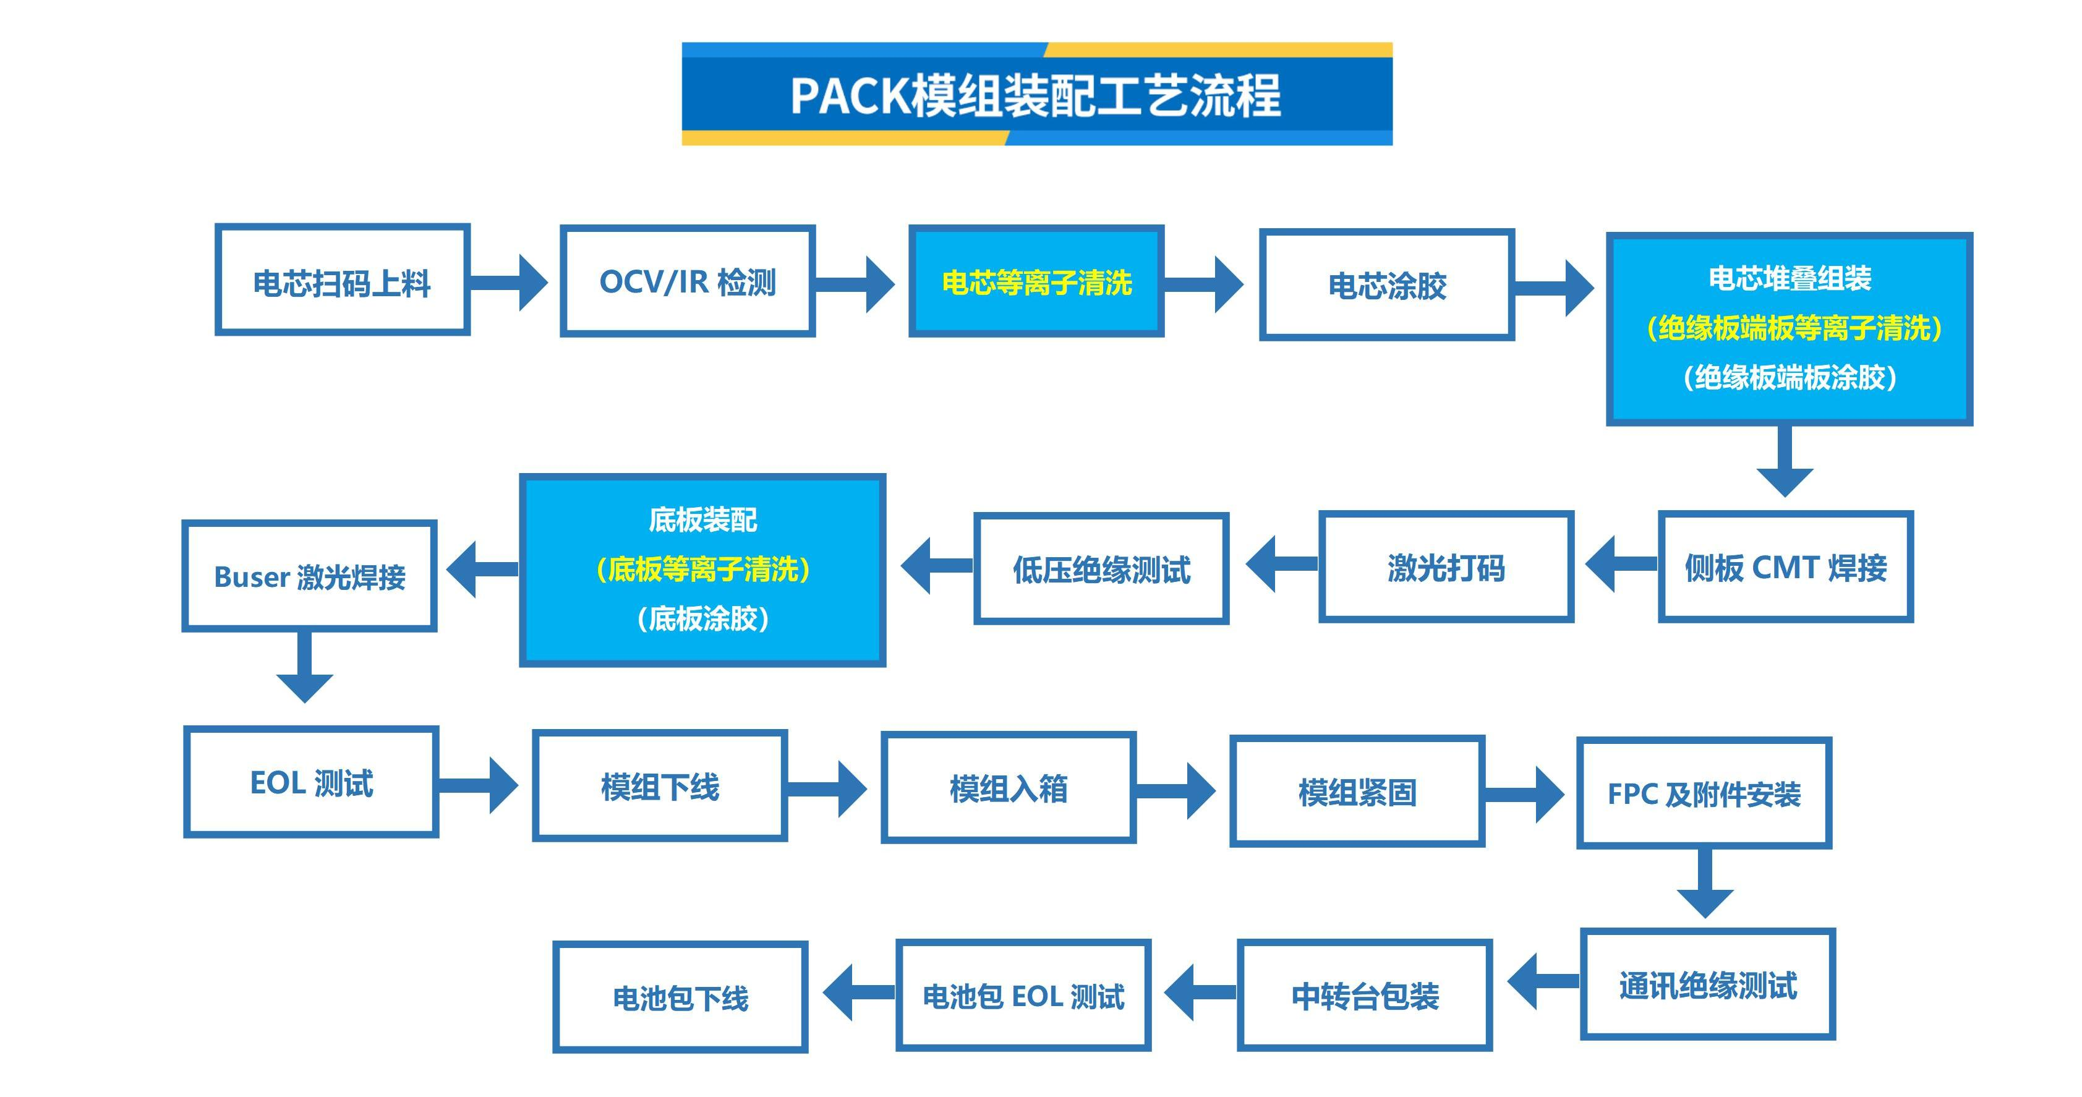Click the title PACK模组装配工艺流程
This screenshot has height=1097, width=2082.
[x=1036, y=95]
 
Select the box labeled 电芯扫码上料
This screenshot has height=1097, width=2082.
[x=342, y=281]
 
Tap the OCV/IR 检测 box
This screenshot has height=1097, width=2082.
[x=687, y=281]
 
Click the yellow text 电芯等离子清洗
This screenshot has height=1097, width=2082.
[x=1036, y=283]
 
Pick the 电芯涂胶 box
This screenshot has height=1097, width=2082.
[x=1386, y=284]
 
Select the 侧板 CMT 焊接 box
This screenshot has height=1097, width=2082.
[x=1785, y=568]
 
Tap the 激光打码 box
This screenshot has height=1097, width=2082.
[x=1445, y=568]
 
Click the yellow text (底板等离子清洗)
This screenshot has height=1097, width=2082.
[x=702, y=569]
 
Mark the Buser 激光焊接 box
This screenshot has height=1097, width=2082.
[x=310, y=576]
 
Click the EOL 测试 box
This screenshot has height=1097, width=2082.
[x=311, y=782]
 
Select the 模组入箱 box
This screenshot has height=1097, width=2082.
[x=1008, y=788]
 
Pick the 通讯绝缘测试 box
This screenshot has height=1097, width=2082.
[x=1707, y=984]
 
